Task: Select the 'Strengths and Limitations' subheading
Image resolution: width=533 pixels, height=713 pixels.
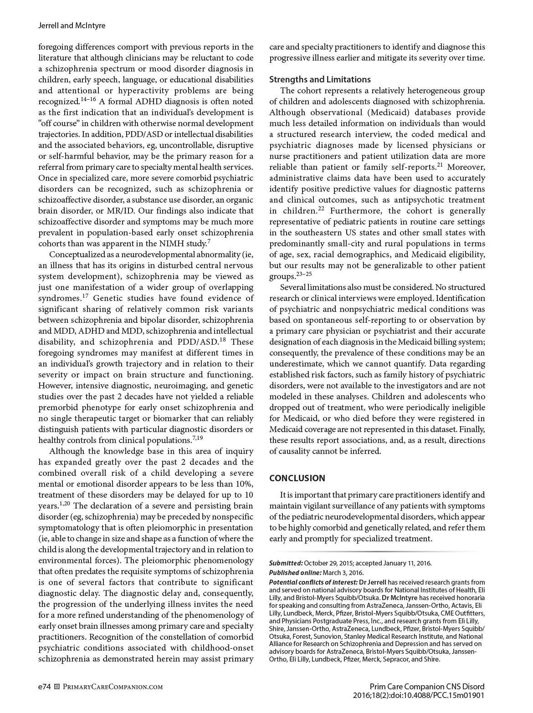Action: (x=320, y=79)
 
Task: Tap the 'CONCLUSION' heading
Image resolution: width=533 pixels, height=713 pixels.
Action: (x=297, y=478)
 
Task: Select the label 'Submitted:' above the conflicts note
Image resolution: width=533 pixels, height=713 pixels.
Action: (x=286, y=563)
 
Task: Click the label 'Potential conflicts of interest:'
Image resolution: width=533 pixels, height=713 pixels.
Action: (x=313, y=582)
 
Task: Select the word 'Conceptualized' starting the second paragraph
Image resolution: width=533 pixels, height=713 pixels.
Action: (x=76, y=255)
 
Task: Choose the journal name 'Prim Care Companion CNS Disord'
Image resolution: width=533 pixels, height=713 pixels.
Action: (x=427, y=687)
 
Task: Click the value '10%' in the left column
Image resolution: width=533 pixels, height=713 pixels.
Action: (x=244, y=484)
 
